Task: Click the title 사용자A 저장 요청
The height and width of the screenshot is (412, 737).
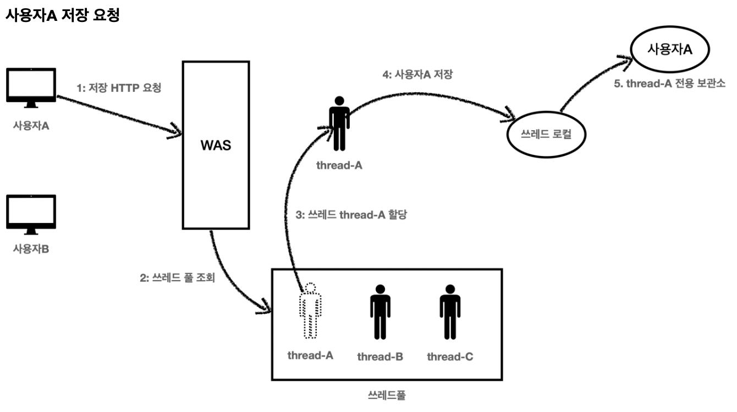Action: [62, 15]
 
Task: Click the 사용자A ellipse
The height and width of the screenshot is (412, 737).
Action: [670, 49]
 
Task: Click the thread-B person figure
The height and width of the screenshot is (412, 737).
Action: [380, 311]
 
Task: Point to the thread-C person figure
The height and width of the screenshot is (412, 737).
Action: [450, 311]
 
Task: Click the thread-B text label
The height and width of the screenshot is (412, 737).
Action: [380, 357]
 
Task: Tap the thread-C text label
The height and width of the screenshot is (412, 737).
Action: [450, 357]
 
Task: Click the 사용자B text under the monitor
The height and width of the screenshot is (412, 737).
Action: [31, 249]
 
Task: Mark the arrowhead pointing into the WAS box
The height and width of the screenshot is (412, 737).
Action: [178, 131]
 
